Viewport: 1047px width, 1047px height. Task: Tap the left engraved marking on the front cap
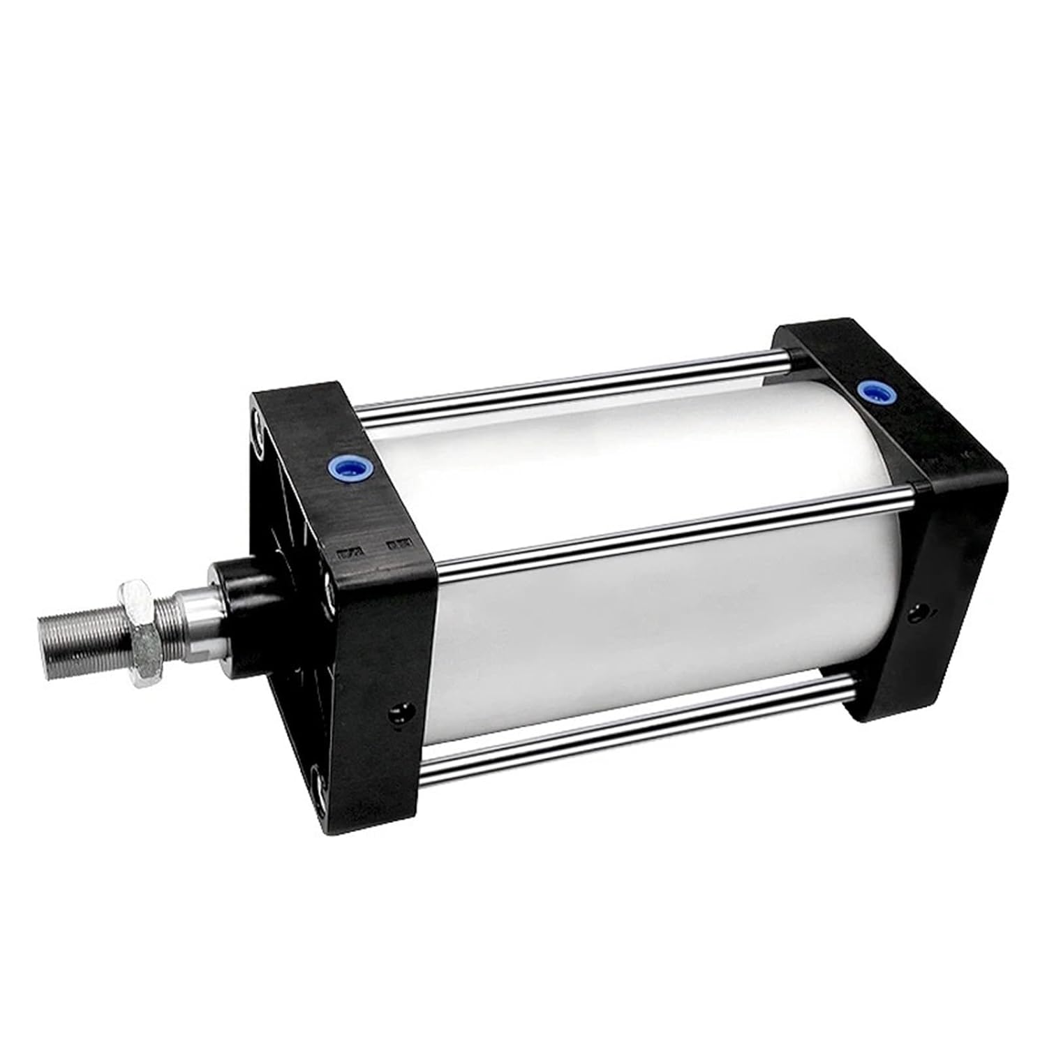[346, 554]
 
